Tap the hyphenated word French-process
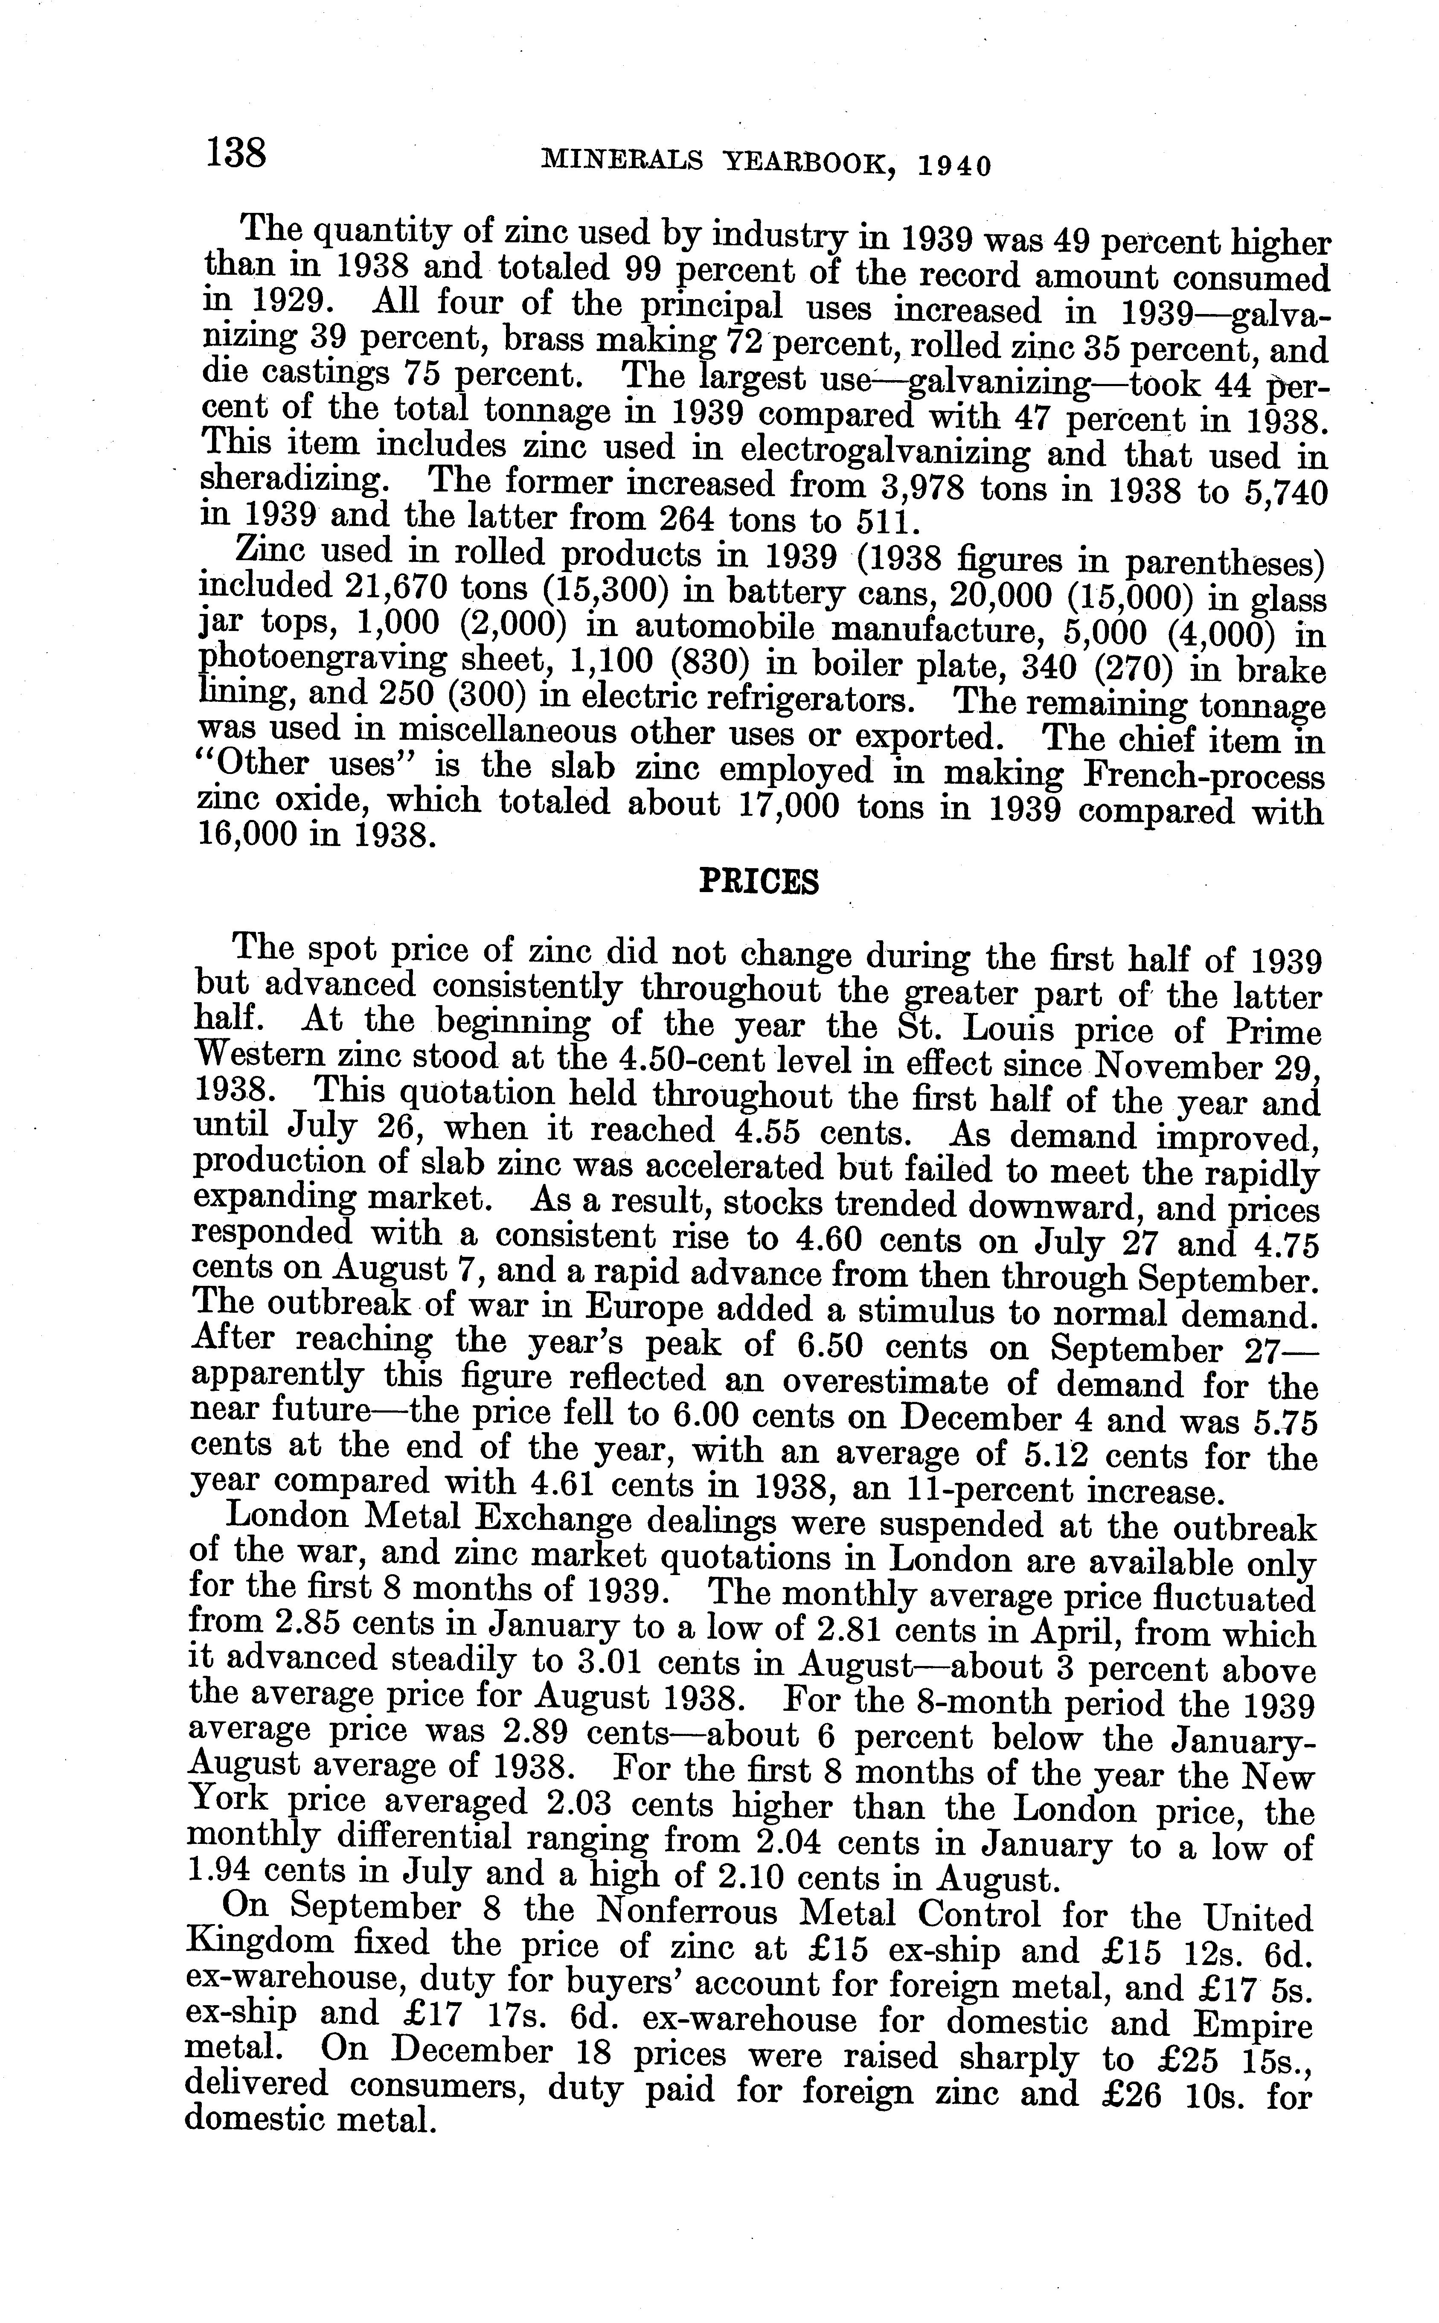click(1205, 776)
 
